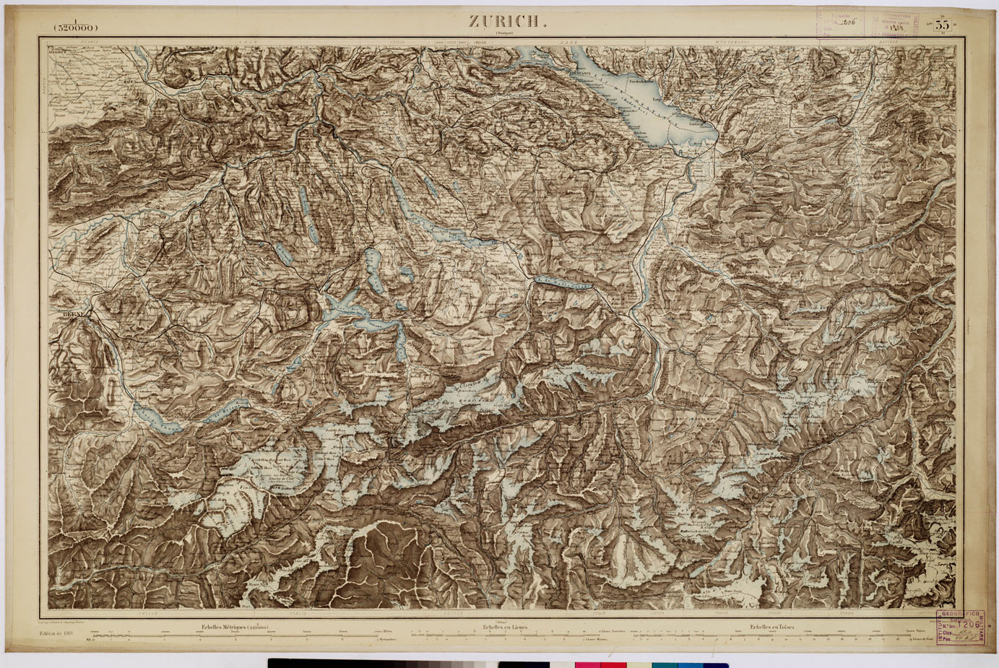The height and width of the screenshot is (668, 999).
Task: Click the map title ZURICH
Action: (x=503, y=21)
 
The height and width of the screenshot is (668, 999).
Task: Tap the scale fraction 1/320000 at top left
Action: (x=75, y=27)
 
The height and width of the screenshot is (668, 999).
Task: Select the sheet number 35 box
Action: (x=941, y=25)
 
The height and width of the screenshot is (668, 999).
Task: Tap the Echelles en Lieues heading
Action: (x=504, y=627)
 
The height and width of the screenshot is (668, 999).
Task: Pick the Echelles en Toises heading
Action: (x=771, y=627)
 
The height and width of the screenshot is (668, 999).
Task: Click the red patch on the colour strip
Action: (x=613, y=663)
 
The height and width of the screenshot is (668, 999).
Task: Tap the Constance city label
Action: (x=583, y=74)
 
